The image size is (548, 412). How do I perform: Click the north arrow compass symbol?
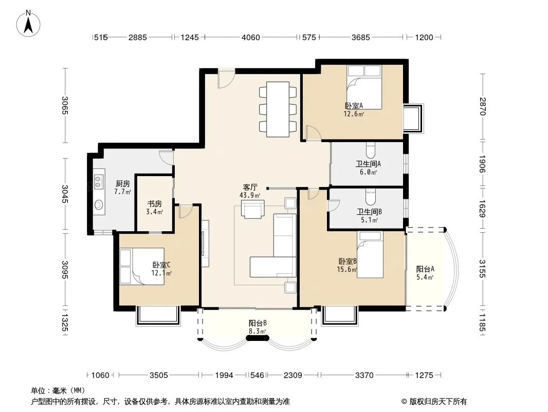28,23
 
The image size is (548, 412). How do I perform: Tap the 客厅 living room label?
250,187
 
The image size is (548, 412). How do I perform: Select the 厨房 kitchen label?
123,183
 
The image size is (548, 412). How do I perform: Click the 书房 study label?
154,204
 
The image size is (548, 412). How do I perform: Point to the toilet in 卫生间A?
371,150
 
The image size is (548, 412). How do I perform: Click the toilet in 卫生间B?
371,197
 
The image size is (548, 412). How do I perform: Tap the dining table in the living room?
278,109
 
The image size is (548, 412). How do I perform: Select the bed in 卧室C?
142,266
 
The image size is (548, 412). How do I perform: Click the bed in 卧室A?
364,87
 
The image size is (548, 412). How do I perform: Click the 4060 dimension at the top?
250,37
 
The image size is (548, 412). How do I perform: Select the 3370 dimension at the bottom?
364,375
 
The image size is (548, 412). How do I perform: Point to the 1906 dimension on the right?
482,164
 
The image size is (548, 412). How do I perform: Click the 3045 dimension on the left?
65,194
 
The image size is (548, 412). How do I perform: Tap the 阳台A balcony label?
425,269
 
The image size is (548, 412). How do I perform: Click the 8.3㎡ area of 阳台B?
257,331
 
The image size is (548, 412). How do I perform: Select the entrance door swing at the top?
226,80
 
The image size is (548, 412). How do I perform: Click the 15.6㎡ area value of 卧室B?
347,269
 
